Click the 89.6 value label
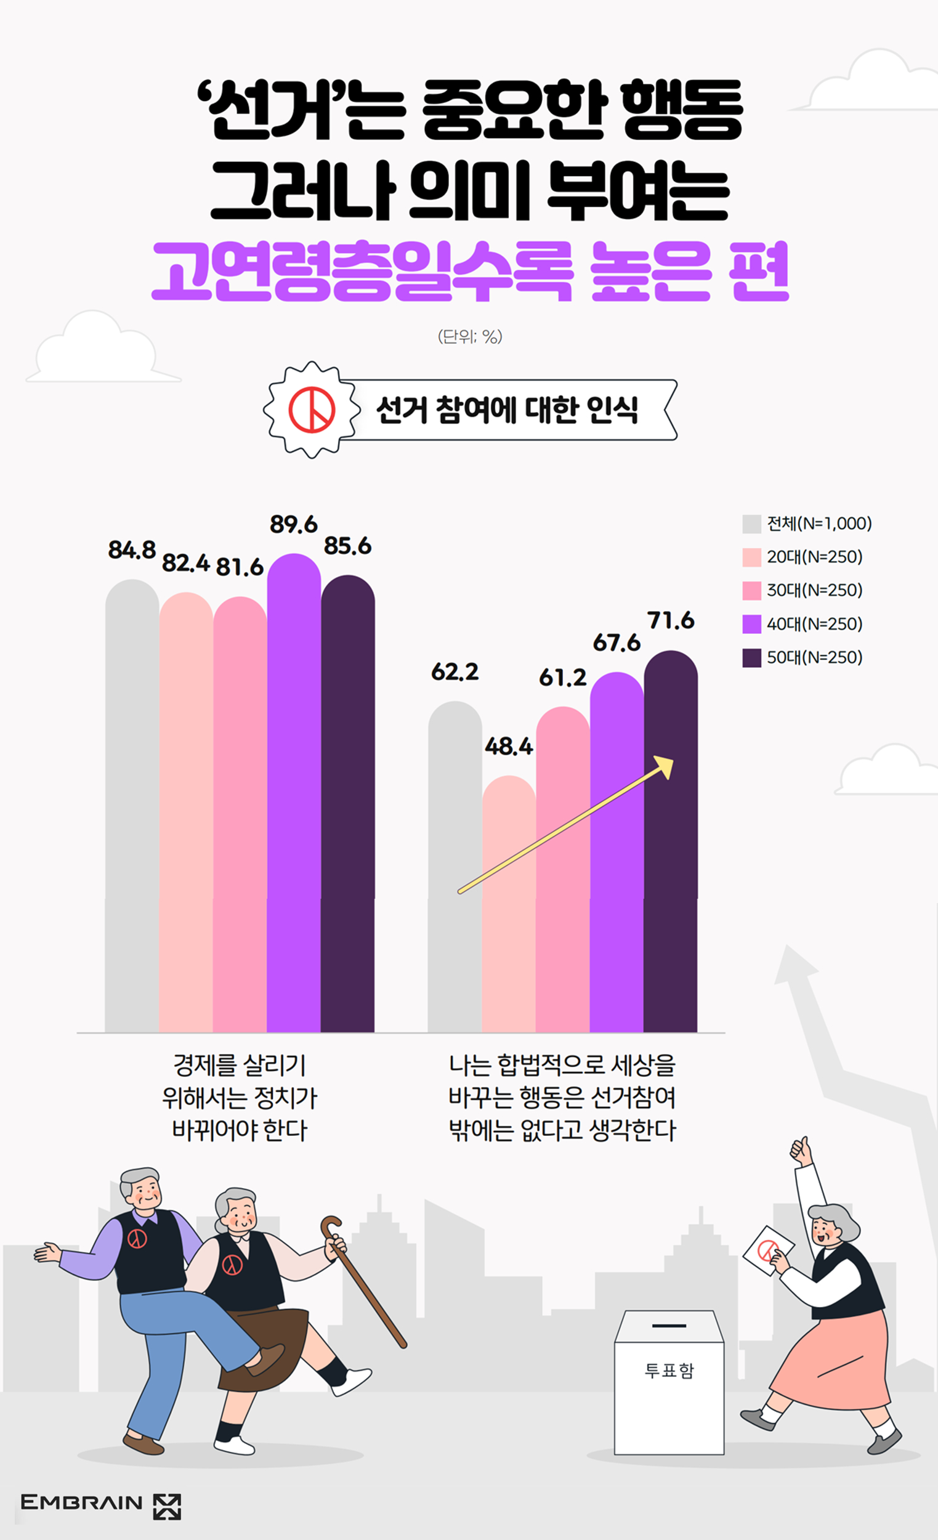293,524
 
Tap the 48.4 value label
509,745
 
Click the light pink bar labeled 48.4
509,906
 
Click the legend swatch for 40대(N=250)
751,623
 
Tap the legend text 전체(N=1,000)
819,523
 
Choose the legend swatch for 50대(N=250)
751,657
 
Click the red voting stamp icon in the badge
312,410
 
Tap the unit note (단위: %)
470,336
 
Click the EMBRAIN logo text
81,1502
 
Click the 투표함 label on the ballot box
669,1370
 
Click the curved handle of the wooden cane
331,1227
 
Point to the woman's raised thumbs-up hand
801,1149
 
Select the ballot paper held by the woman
767,1250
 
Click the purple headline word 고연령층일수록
363,272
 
